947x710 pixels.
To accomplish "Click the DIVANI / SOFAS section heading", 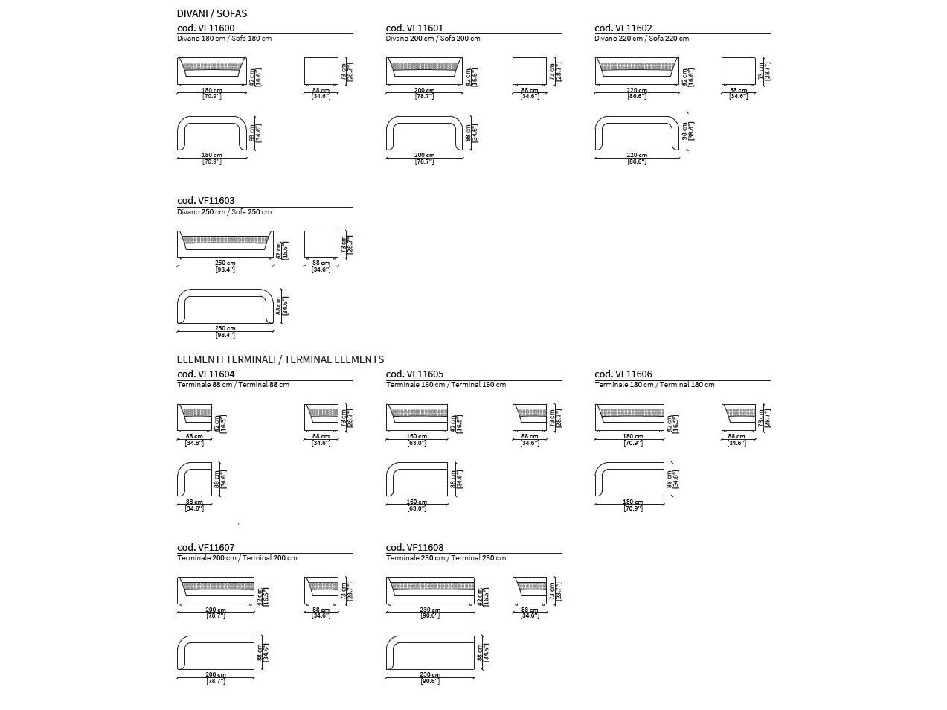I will [x=212, y=13].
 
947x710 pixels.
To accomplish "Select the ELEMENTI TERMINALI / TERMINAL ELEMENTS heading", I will [x=280, y=359].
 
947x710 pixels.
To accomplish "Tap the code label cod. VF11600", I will [x=205, y=28].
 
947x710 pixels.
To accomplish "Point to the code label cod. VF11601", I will [x=414, y=28].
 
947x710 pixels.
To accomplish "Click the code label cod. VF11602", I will [x=623, y=28].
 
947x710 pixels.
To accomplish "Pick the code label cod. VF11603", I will [x=205, y=201].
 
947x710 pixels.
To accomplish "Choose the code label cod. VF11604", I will [x=205, y=374].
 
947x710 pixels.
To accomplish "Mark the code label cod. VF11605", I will [x=414, y=374].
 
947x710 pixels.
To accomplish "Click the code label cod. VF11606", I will [x=623, y=374].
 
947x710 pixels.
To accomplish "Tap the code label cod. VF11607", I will [x=205, y=548].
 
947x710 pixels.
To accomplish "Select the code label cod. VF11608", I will [x=414, y=548].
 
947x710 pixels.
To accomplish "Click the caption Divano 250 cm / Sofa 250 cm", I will [x=224, y=212].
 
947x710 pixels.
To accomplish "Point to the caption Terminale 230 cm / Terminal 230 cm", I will [x=446, y=558].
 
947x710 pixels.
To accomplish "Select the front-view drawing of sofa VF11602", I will [x=637, y=73].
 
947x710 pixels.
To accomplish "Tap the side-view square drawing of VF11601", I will [x=530, y=72].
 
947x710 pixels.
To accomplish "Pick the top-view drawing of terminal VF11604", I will [x=195, y=479].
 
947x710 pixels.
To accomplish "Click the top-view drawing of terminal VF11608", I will [x=430, y=653].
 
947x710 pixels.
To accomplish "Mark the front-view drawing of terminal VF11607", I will [x=216, y=591].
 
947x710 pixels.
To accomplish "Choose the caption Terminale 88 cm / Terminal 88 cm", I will [x=233, y=385].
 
